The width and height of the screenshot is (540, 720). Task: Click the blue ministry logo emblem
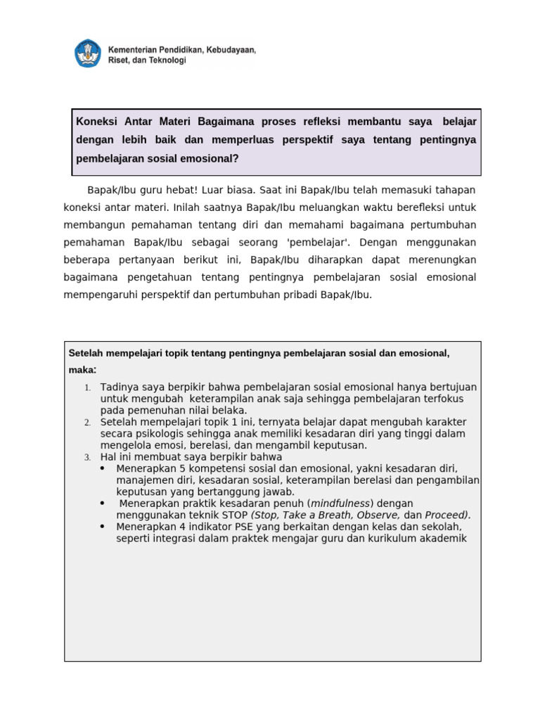(x=88, y=53)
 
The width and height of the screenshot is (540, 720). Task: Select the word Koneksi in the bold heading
(x=98, y=122)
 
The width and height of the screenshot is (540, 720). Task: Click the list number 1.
(x=87, y=388)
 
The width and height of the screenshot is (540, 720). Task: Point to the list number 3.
(x=87, y=457)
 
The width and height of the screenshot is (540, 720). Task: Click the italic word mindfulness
(x=341, y=503)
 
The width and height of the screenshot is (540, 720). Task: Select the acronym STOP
(x=234, y=515)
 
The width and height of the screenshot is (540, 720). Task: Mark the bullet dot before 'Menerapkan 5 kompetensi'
(x=103, y=468)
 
